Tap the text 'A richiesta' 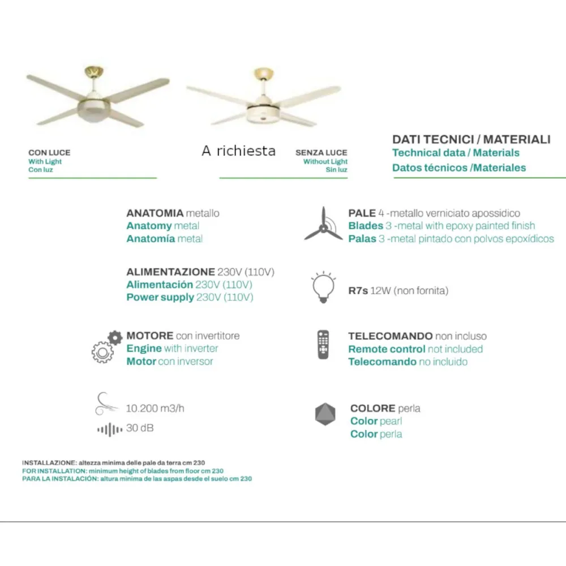pos(238,151)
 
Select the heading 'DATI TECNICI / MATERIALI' pos(471,139)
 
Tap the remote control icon pos(323,344)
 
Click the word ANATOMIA pos(155,213)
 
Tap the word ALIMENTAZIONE pos(170,272)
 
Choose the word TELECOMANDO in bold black pos(390,336)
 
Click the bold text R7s pos(358,291)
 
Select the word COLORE pos(372,408)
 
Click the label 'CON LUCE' pos(49,153)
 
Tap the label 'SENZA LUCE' pos(321,153)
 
